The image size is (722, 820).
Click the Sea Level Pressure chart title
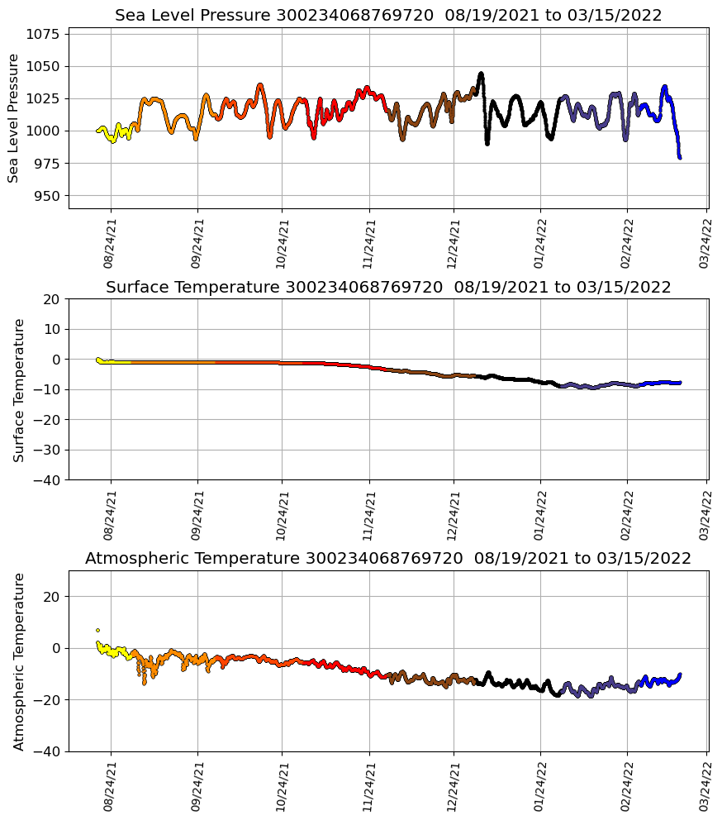pyautogui.click(x=387, y=16)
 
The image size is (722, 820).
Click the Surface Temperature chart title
pyautogui.click(x=387, y=288)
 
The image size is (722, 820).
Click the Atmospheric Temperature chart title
pyautogui.click(x=387, y=559)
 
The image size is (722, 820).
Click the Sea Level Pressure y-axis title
pyautogui.click(x=13, y=117)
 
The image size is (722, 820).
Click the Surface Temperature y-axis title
pyautogui.click(x=19, y=389)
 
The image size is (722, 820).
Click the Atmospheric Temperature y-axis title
pyautogui.click(x=19, y=661)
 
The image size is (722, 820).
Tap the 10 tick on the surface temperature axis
pyautogui.click(x=51, y=329)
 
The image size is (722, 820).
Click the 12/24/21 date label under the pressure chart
pyautogui.click(x=453, y=244)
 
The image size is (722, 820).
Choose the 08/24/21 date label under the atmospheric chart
pyautogui.click(x=110, y=787)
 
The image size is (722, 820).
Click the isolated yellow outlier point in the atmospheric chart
pyautogui.click(x=97, y=630)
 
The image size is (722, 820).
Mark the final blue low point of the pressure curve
pyautogui.click(x=680, y=157)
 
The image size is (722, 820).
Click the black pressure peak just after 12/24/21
pyautogui.click(x=481, y=74)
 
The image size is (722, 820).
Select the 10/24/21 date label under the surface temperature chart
pyautogui.click(x=282, y=515)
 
